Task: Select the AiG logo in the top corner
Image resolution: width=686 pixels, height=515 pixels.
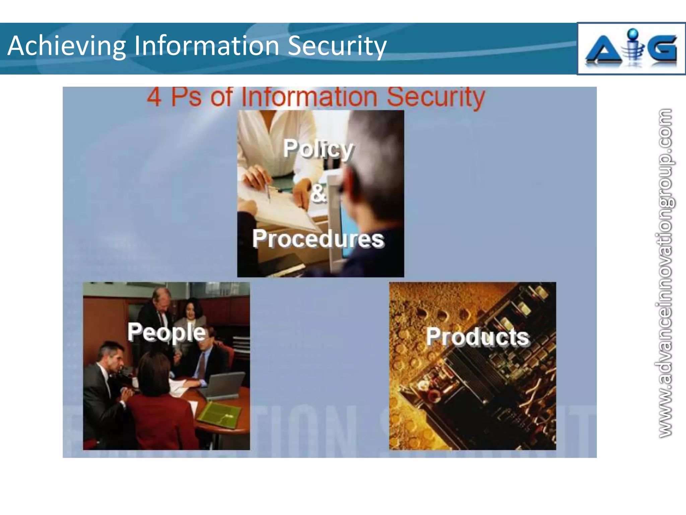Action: pyautogui.click(x=631, y=49)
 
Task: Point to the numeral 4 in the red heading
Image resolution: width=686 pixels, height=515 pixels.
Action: pyautogui.click(x=154, y=97)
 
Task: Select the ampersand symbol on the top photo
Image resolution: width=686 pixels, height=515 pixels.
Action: pyautogui.click(x=318, y=194)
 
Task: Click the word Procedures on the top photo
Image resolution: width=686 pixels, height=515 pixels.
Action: pyautogui.click(x=318, y=239)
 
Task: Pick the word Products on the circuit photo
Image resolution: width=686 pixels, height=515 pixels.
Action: pyautogui.click(x=478, y=337)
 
